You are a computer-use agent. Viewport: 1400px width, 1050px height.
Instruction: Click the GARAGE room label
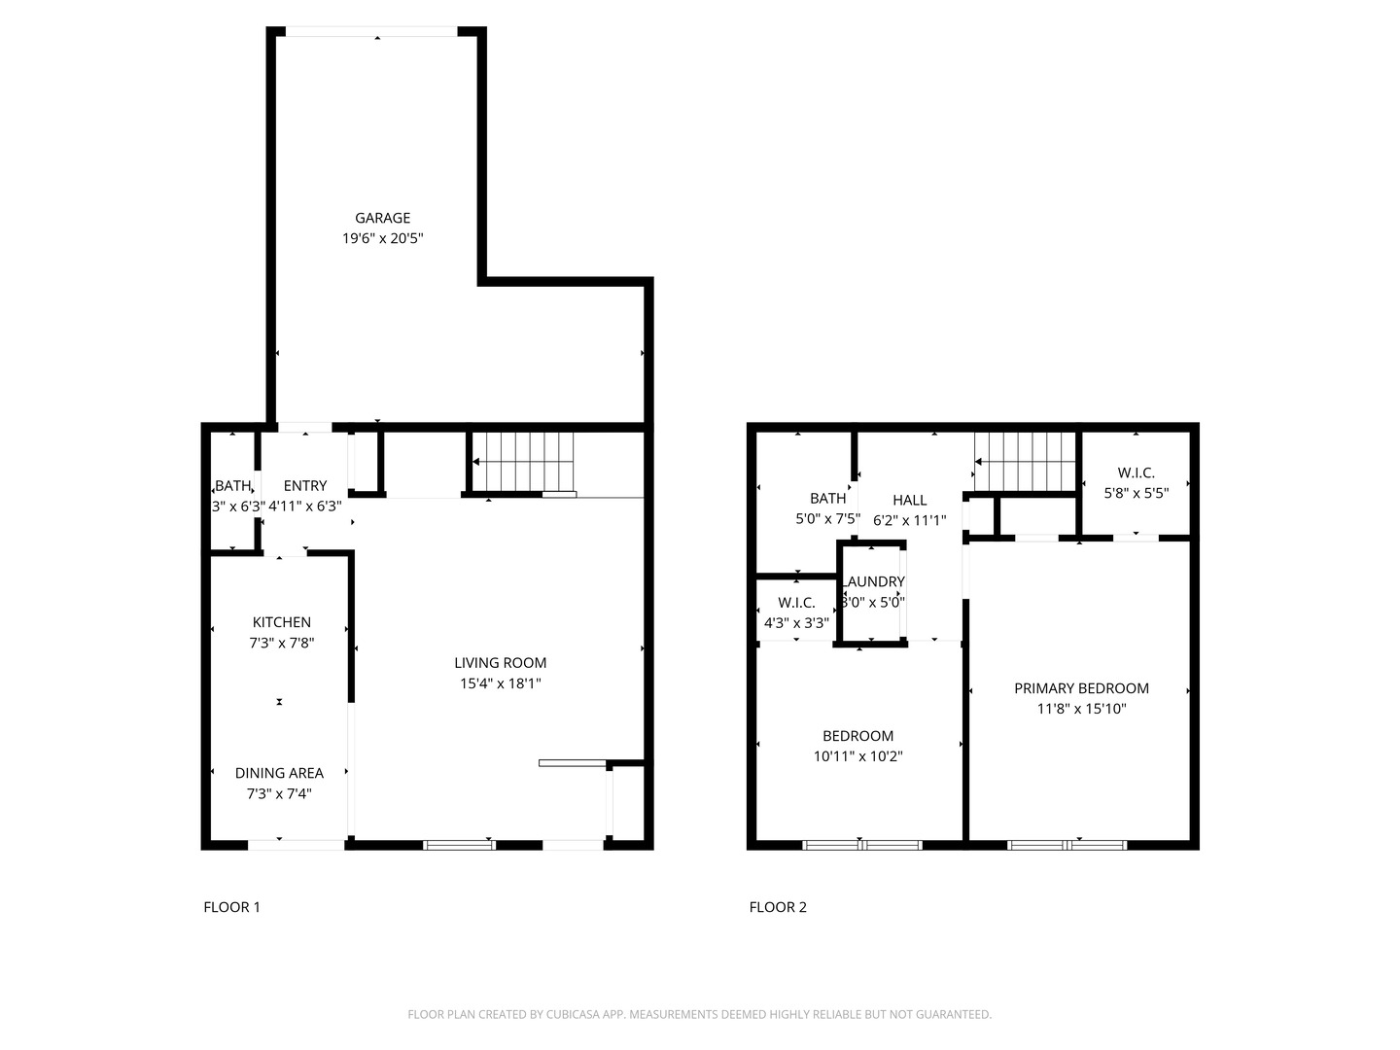click(382, 218)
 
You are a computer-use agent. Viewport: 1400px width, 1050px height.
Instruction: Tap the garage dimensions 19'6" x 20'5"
click(382, 238)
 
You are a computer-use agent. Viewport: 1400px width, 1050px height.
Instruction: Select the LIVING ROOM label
click(500, 663)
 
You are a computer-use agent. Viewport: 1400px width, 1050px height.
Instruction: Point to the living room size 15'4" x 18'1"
click(500, 683)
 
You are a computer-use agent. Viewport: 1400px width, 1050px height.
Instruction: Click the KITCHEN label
click(281, 622)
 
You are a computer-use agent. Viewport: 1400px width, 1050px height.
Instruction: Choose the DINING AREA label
click(279, 773)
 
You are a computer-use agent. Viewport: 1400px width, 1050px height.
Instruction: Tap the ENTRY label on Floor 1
click(305, 486)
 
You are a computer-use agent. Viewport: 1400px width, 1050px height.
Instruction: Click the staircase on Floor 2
click(1026, 462)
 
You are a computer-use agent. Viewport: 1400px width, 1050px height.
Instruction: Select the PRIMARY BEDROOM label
click(1081, 688)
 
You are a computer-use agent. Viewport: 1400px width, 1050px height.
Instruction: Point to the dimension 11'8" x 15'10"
click(1081, 709)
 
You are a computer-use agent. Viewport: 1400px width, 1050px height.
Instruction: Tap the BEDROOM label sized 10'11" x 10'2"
click(857, 736)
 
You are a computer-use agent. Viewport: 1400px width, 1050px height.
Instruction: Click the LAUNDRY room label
click(874, 581)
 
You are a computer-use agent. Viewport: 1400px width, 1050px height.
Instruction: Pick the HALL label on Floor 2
click(909, 500)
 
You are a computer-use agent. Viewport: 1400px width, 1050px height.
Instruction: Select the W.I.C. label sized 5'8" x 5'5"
click(1136, 472)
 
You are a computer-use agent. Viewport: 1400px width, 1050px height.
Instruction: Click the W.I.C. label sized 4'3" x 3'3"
click(796, 603)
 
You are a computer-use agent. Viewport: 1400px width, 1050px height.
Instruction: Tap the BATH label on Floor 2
click(827, 499)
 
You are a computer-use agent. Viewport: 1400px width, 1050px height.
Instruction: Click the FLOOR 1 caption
click(231, 907)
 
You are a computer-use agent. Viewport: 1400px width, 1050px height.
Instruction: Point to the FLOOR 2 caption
click(778, 907)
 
